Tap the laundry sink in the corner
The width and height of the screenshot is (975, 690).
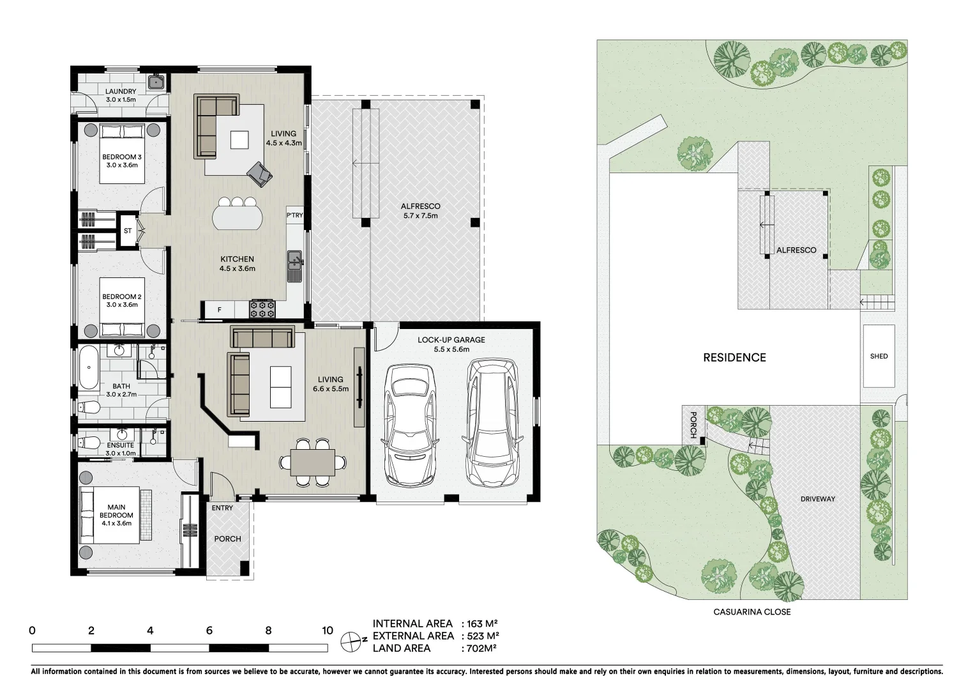[x=156, y=82]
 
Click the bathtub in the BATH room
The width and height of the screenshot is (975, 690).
[x=89, y=367]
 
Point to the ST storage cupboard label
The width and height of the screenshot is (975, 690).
[x=128, y=231]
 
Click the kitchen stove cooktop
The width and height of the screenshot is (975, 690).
[x=262, y=309]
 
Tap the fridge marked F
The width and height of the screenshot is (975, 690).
[x=220, y=310]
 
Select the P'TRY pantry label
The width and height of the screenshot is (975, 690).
[x=295, y=215]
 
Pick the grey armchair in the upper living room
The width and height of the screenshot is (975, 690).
[x=259, y=173]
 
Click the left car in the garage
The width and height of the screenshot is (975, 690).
[x=410, y=424]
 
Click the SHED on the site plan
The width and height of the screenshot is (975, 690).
[x=879, y=356]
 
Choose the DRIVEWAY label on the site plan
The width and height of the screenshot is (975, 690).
[x=817, y=499]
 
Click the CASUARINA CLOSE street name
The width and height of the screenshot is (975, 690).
[x=752, y=611]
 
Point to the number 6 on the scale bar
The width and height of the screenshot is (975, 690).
[x=209, y=631]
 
